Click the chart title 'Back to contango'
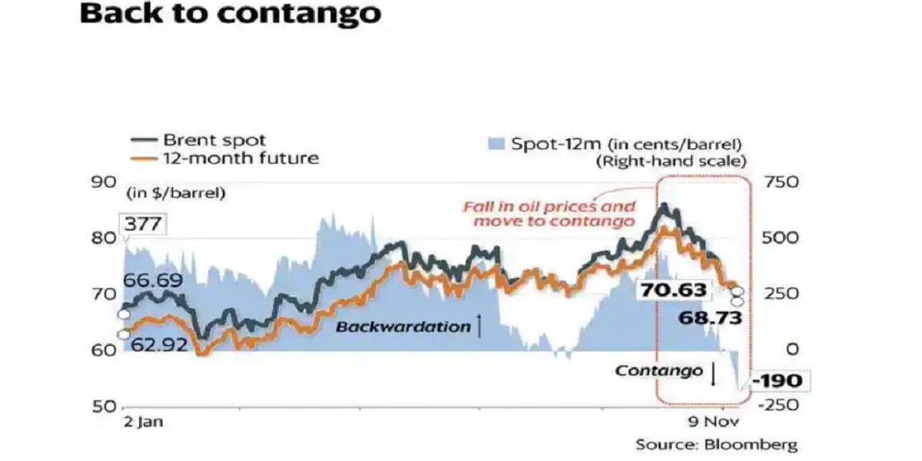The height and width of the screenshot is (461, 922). (x=230, y=15)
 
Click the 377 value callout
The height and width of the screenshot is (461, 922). (x=144, y=224)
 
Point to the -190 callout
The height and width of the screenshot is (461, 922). (x=778, y=380)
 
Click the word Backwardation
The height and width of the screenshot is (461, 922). (x=403, y=327)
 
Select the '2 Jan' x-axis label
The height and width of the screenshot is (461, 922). (x=144, y=422)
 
